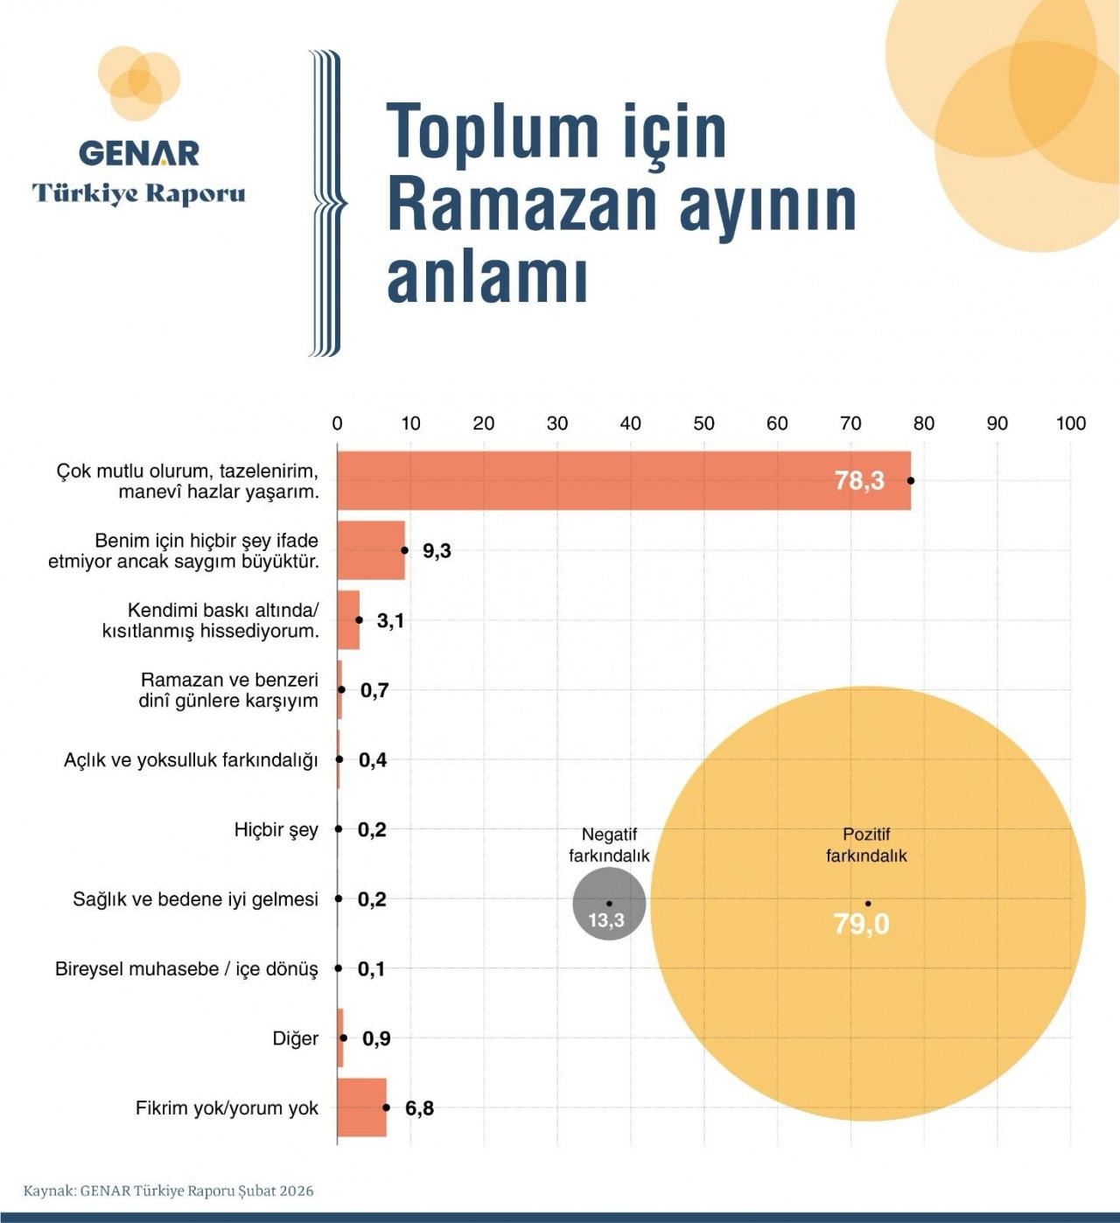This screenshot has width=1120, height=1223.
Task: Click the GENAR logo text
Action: (x=139, y=153)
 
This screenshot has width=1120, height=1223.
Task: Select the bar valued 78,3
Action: (x=623, y=480)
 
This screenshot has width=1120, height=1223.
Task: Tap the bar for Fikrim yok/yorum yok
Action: (x=362, y=1108)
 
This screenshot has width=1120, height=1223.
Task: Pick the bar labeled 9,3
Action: (x=371, y=550)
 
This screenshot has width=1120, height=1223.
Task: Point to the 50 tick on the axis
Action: (x=703, y=423)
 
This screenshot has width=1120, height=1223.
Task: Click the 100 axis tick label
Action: (x=1070, y=423)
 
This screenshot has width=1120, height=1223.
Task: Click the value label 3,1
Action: (x=390, y=620)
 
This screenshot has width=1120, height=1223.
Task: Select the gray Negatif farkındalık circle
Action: (x=609, y=905)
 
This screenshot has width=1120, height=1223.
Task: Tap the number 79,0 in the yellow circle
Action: (x=861, y=924)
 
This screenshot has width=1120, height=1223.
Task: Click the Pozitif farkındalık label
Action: (x=866, y=845)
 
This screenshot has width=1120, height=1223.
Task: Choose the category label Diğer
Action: (x=295, y=1038)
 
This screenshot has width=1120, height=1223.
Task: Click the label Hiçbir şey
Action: (x=276, y=829)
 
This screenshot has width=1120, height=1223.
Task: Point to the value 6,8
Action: (x=419, y=1108)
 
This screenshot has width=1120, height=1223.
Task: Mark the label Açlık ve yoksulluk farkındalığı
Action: (x=191, y=760)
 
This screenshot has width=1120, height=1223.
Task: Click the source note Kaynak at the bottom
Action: (x=168, y=1191)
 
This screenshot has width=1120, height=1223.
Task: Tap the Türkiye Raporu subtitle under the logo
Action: (x=139, y=193)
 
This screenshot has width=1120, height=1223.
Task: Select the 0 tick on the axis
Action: (x=338, y=423)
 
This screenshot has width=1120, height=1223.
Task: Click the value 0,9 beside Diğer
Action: (x=376, y=1038)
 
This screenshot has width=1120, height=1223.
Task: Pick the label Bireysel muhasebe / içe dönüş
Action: (x=186, y=969)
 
